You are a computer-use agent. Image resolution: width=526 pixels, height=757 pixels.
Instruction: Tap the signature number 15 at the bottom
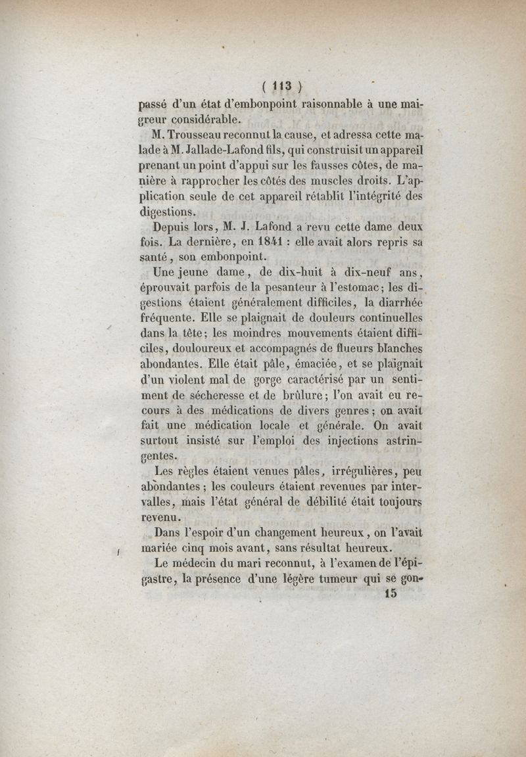(389, 594)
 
